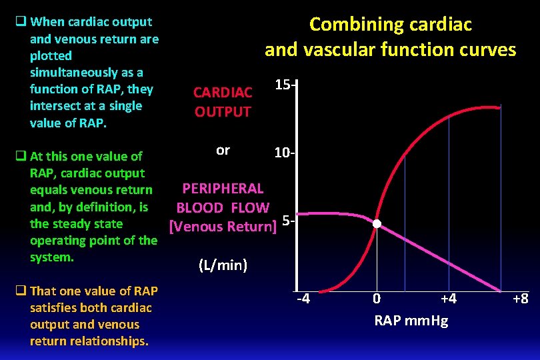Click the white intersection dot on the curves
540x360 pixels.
tap(377, 224)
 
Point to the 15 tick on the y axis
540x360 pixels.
tap(286, 86)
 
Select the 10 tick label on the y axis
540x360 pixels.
tap(286, 154)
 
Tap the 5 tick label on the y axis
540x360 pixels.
tap(287, 221)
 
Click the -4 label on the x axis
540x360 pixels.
tap(303, 299)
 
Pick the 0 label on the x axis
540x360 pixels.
tap(377, 299)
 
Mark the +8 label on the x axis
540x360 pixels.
tap(520, 299)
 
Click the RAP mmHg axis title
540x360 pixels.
tap(411, 321)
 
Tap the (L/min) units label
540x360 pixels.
tap(223, 265)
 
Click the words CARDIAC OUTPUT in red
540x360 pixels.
tap(223, 102)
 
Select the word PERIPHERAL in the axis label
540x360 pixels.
tap(223, 189)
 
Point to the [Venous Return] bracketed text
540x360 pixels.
tap(223, 227)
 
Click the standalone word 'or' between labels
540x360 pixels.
tap(223, 150)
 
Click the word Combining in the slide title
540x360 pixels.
tap(351, 25)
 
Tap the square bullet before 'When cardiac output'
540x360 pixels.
tap(21, 22)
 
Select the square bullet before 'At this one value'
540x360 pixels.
tap(21, 157)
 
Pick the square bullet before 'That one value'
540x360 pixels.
tap(21, 291)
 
